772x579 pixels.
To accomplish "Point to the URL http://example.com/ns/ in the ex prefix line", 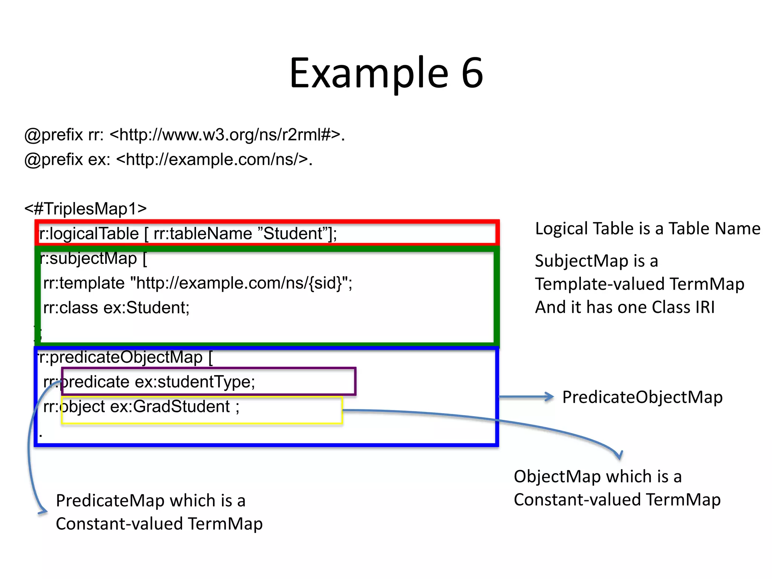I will pos(213,159).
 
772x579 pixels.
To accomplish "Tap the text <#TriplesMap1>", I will pos(86,208).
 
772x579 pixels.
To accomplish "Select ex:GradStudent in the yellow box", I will pos(170,406).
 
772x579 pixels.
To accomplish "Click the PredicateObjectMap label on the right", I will pos(642,397).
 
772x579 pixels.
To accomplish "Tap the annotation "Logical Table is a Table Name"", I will pos(648,228).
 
